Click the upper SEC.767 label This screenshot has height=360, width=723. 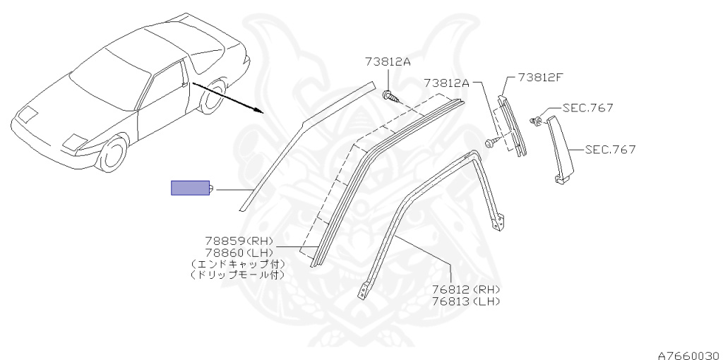point(587,108)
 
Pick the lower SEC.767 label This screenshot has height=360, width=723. point(610,150)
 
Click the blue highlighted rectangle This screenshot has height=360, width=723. point(191,188)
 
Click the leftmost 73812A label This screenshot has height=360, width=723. point(388,61)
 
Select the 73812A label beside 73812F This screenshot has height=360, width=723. point(446,83)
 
